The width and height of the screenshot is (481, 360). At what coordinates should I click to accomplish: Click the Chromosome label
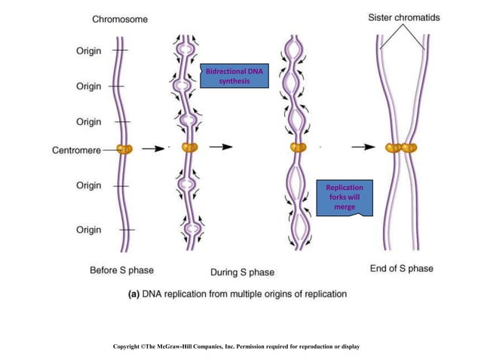pyautogui.click(x=119, y=20)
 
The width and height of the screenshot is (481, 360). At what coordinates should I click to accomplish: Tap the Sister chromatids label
pyautogui.click(x=405, y=17)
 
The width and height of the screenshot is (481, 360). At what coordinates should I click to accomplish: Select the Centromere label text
pyautogui.click(x=76, y=151)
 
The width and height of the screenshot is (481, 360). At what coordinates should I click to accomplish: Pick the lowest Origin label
pyautogui.click(x=89, y=230)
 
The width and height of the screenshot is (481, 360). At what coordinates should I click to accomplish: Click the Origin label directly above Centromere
pyautogui.click(x=89, y=121)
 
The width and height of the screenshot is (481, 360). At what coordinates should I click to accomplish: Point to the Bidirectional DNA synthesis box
pyautogui.click(x=234, y=76)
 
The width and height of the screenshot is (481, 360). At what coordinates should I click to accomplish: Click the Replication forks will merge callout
pyautogui.click(x=344, y=197)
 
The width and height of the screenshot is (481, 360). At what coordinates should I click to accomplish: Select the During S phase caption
pyautogui.click(x=242, y=271)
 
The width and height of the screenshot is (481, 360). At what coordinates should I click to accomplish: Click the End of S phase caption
pyautogui.click(x=402, y=268)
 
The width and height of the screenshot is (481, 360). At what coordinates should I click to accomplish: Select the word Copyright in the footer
pyautogui.click(x=130, y=346)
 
